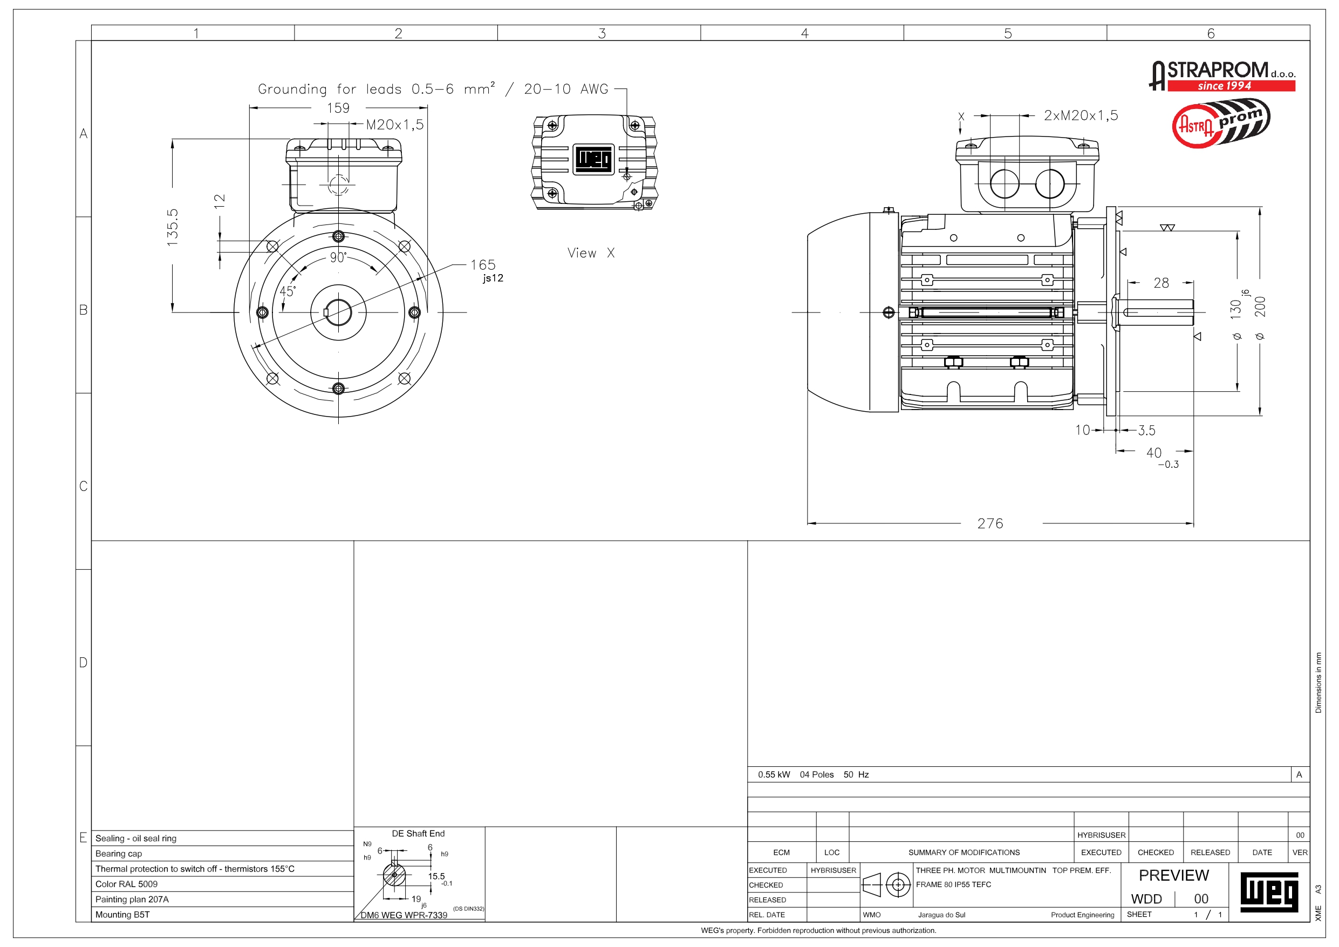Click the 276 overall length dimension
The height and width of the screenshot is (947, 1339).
[990, 523]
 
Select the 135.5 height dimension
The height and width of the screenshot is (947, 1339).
[173, 227]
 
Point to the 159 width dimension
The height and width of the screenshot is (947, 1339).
[338, 108]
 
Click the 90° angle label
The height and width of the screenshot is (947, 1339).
[338, 257]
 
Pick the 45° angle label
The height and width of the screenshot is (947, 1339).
[288, 291]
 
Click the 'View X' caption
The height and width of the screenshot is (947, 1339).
[591, 253]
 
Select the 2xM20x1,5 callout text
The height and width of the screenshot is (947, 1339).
[1081, 115]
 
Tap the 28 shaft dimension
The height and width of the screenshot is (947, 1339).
[1161, 283]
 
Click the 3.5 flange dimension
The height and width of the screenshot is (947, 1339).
[1146, 431]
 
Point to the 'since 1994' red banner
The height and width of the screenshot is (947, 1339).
[1224, 86]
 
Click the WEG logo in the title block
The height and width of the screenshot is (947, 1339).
[1269, 892]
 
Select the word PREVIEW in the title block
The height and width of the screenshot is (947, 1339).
[1173, 875]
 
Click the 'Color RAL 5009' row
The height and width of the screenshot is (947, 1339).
[127, 884]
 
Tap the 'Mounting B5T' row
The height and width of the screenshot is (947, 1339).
[122, 914]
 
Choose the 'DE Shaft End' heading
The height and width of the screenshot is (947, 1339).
[418, 833]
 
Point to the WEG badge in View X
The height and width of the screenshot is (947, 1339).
[593, 159]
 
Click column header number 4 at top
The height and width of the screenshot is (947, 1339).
[805, 33]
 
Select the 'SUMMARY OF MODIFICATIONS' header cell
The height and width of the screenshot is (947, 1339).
[964, 853]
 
